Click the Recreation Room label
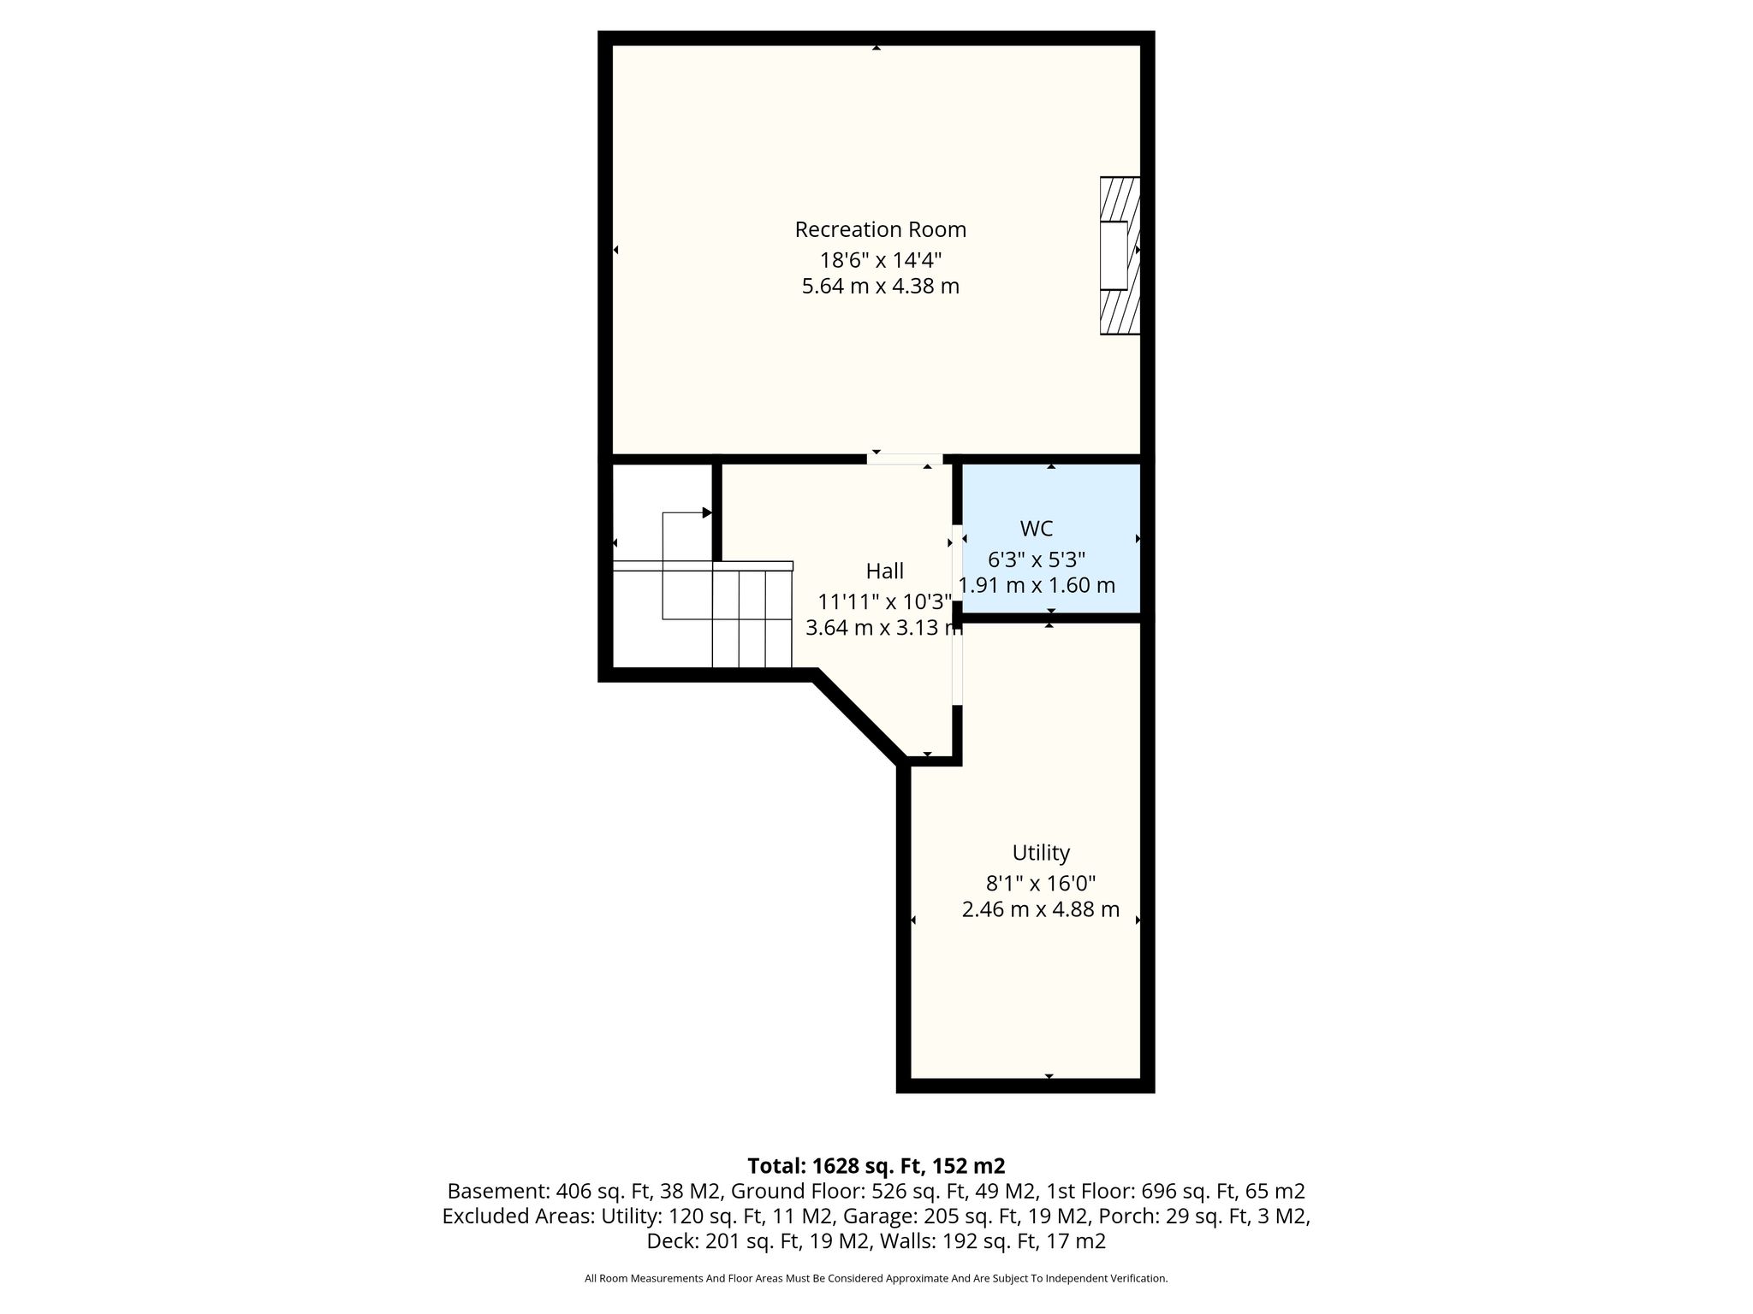pos(880,229)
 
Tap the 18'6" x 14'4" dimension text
pos(881,258)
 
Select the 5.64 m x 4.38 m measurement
pos(880,286)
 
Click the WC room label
pos(1036,529)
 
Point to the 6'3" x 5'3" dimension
pos(1037,559)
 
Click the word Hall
pos(884,571)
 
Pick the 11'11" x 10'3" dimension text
pos(885,601)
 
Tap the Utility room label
pos(1041,853)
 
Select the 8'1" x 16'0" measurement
pos(1041,883)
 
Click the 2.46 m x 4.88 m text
pos(1041,909)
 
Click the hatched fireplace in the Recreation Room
pos(1120,255)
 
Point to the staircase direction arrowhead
pos(707,512)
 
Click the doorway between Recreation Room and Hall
pos(905,459)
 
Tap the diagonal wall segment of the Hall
pos(859,717)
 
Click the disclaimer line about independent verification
pos(876,1279)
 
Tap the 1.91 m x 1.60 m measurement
pos(1037,585)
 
